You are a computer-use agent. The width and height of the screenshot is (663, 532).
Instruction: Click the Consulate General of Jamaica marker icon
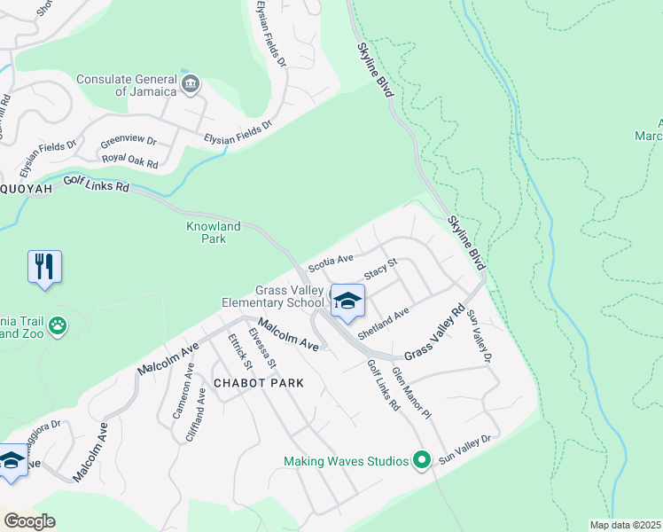[190, 84]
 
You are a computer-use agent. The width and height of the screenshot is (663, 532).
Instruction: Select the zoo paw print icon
[58, 325]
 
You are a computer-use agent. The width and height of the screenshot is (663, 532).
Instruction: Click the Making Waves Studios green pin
[422, 460]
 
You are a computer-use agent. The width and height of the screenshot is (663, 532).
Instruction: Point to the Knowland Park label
[213, 232]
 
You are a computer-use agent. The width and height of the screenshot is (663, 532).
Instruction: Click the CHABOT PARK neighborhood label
[259, 383]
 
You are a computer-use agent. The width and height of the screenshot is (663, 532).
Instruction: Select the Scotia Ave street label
[331, 263]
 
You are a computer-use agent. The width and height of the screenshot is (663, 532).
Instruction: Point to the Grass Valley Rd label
[435, 333]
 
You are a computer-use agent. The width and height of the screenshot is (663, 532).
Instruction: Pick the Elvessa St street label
[262, 347]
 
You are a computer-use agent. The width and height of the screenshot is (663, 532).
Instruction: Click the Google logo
[28, 521]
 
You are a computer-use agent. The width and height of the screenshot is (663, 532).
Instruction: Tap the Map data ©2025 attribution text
[625, 525]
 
